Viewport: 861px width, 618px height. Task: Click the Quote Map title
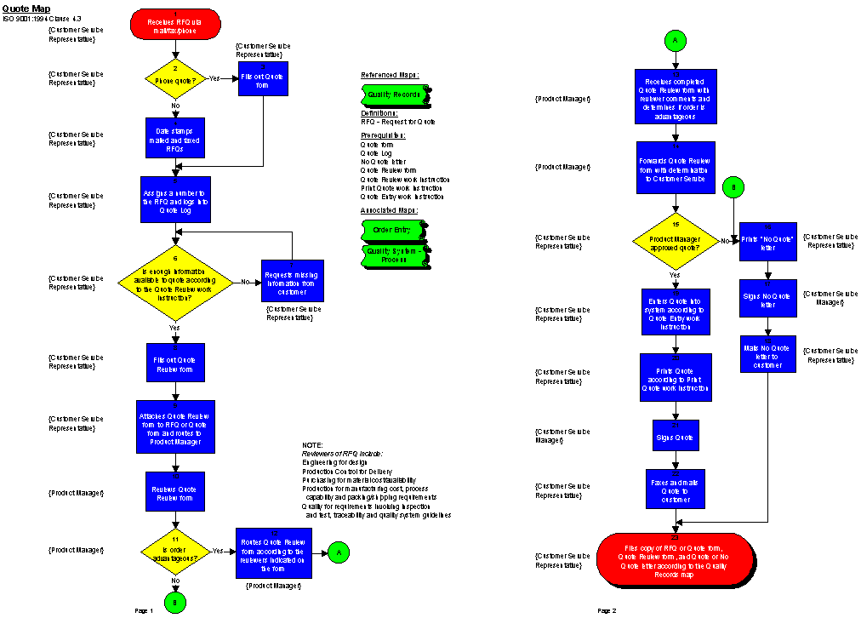click(x=20, y=9)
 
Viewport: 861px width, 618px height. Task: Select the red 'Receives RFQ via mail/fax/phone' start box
click(x=175, y=24)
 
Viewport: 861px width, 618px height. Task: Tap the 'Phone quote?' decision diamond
click(x=175, y=78)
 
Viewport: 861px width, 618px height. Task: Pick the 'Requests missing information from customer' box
click(x=293, y=280)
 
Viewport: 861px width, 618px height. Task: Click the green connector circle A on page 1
click(x=338, y=552)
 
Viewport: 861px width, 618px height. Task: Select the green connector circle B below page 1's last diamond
click(x=175, y=602)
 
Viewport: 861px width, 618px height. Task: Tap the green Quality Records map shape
click(x=393, y=94)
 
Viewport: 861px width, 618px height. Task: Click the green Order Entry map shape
click(x=393, y=230)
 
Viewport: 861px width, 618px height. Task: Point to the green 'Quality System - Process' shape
click(x=393, y=255)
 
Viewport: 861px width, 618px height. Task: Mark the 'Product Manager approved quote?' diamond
click(x=675, y=240)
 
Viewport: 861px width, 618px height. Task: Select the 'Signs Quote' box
click(x=676, y=435)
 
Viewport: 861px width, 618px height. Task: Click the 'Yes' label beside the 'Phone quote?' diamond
click(x=214, y=77)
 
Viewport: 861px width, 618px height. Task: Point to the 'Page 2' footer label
click(x=607, y=610)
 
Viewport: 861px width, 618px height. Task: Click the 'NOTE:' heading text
click(x=312, y=445)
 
